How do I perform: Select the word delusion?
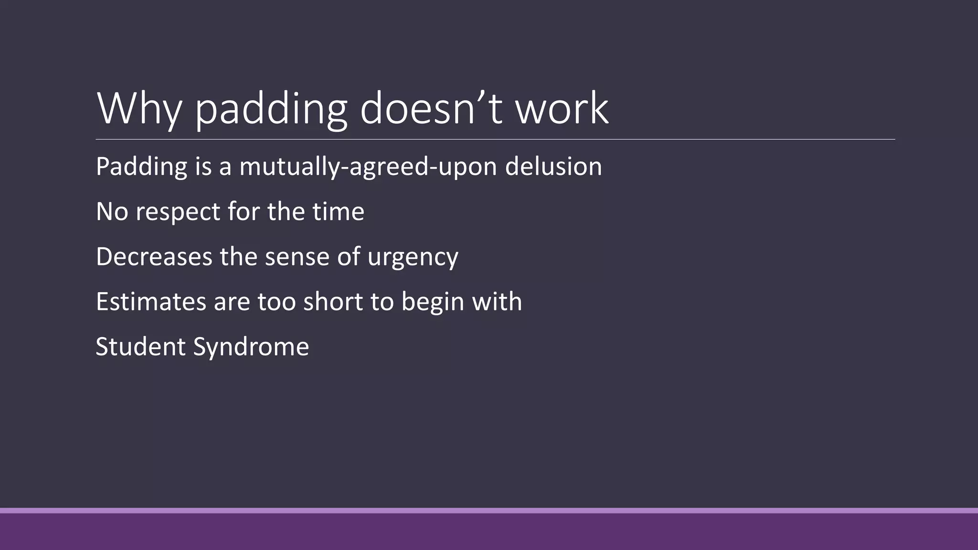(553, 167)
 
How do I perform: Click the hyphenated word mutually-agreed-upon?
(368, 168)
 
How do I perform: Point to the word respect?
(178, 212)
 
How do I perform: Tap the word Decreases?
(154, 256)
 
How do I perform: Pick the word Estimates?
(151, 302)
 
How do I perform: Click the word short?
(334, 302)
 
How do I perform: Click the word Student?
(140, 347)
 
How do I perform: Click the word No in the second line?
(112, 212)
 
